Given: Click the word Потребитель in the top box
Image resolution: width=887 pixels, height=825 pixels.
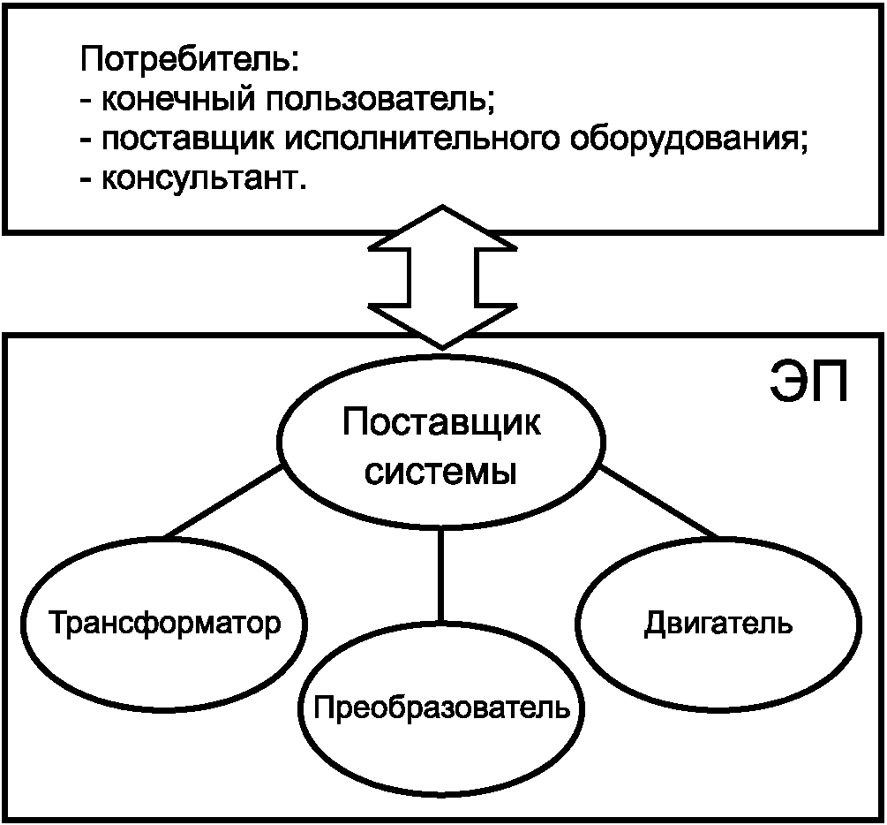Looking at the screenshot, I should tap(190, 61).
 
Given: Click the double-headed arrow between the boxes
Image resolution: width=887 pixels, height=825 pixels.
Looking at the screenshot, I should tap(441, 276).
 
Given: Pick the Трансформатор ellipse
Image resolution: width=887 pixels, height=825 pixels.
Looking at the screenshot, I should tap(164, 624).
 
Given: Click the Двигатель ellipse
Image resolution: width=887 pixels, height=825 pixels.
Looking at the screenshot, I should tap(718, 624).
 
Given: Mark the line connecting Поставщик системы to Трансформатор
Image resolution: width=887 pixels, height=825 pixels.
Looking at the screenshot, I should tap(225, 503).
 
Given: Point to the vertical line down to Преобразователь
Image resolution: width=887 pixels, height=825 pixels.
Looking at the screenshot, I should tap(441, 574).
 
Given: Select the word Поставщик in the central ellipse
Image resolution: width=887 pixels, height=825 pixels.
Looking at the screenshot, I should tap(441, 423).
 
